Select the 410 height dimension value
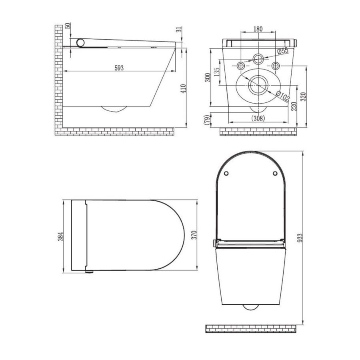click(183, 89)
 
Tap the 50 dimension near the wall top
click(68, 27)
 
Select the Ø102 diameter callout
click(283, 96)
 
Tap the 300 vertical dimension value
click(207, 77)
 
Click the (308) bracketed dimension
click(258, 118)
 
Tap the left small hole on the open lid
click(226, 173)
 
